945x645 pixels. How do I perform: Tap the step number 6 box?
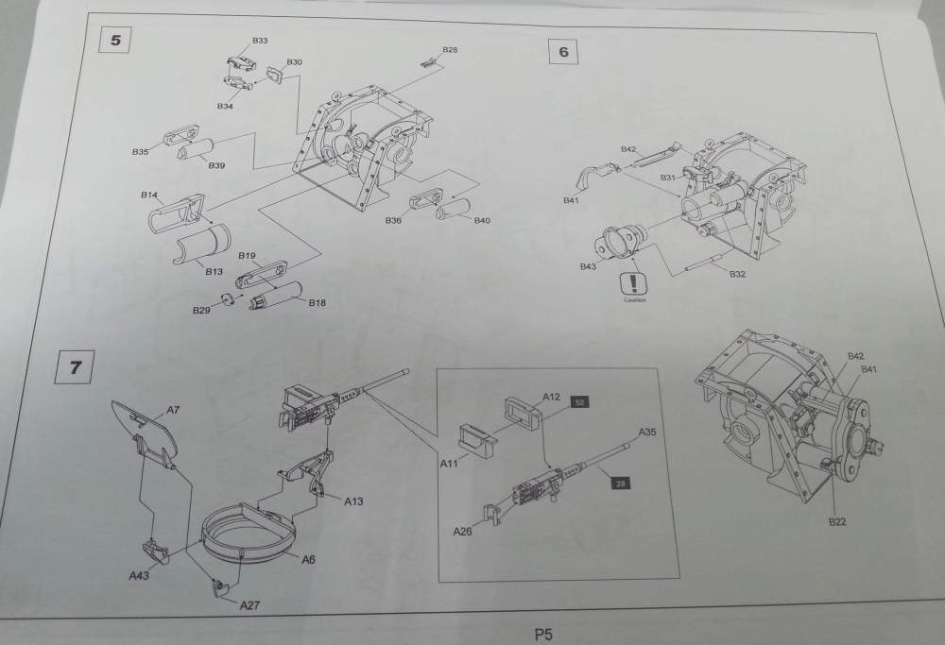[563, 52]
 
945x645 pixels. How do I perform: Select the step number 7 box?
[75, 365]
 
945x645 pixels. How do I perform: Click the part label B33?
[260, 42]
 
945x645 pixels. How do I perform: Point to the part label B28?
[450, 49]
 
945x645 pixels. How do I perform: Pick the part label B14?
[148, 195]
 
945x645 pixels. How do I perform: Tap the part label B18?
[317, 302]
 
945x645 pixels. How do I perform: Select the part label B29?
[200, 311]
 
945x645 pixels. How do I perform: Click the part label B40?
[482, 220]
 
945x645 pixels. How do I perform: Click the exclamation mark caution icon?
[632, 283]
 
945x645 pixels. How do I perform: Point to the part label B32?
[739, 273]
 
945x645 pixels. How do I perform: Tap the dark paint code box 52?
[580, 401]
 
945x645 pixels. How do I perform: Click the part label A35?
[647, 432]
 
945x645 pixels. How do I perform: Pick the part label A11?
[449, 463]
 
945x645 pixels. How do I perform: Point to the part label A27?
[249, 604]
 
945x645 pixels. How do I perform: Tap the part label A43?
[139, 573]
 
